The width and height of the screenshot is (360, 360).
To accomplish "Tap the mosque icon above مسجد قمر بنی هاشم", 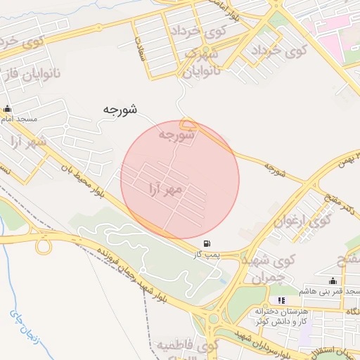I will pos(322,281).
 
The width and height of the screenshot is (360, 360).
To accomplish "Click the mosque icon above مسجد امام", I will pos(8,109).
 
